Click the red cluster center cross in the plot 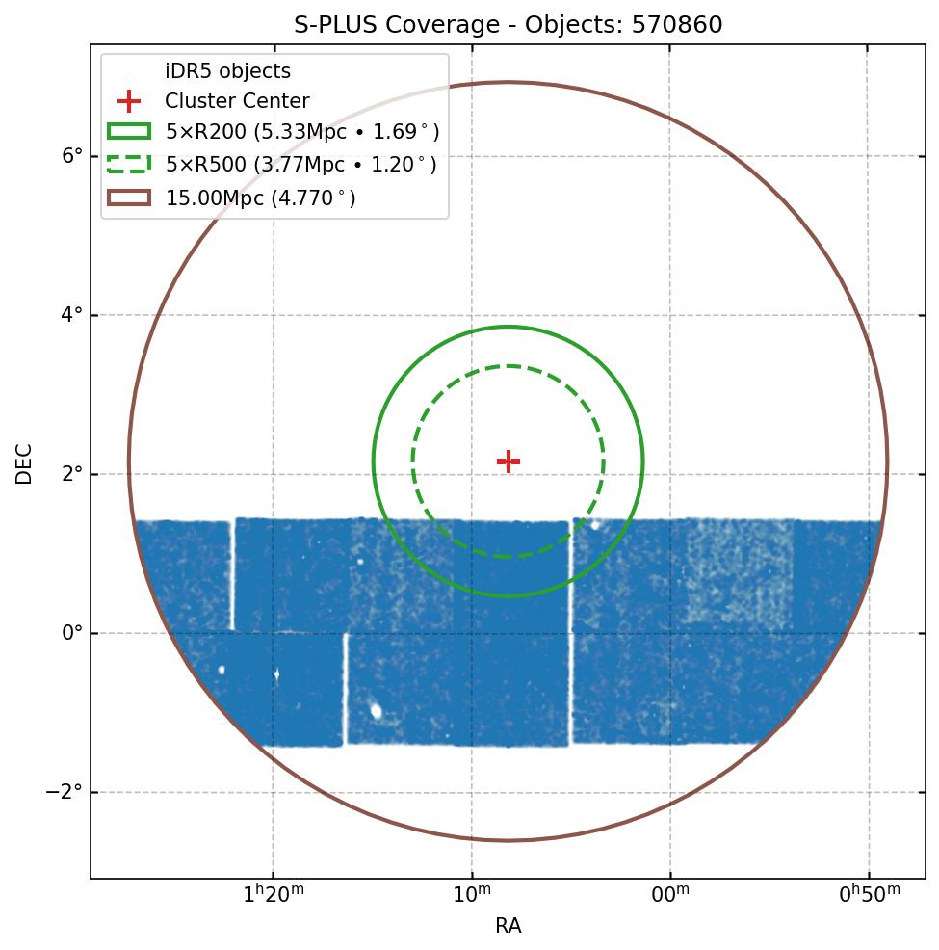click(509, 462)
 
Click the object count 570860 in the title click(677, 25)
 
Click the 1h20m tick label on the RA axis click(274, 895)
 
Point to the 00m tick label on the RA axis click(670, 895)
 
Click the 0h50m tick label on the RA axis click(869, 895)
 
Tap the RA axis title click(509, 926)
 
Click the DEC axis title click(24, 463)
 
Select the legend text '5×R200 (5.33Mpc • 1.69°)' click(302, 133)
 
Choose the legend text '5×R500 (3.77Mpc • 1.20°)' click(301, 165)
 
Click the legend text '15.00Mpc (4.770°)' click(261, 198)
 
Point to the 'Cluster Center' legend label click(237, 101)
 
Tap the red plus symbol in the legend click(129, 101)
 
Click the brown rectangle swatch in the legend click(129, 198)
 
